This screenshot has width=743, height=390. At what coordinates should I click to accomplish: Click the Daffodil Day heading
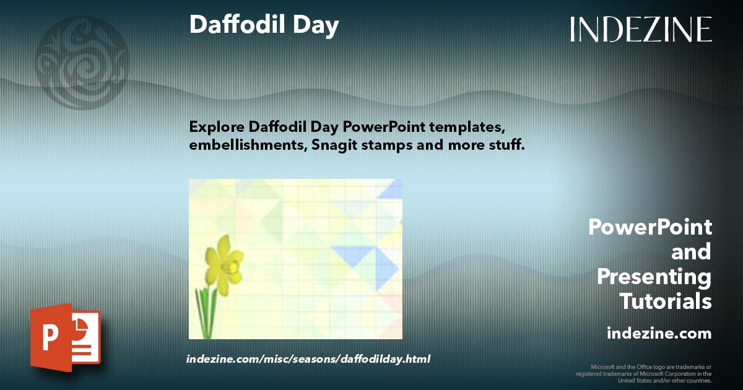click(x=264, y=25)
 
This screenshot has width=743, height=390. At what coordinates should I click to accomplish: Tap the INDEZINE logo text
click(x=641, y=29)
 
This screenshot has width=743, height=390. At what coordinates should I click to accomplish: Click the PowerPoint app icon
click(x=65, y=337)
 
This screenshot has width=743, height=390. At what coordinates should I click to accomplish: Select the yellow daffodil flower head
click(x=224, y=264)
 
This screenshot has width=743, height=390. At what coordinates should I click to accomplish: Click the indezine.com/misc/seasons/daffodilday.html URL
click(x=308, y=359)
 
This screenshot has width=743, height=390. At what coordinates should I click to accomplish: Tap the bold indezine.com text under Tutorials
click(x=659, y=334)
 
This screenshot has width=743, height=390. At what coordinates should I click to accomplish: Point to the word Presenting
click(x=654, y=277)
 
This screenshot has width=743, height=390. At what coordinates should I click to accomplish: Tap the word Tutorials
click(x=666, y=301)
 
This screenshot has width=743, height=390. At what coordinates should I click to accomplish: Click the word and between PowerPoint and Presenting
click(x=691, y=252)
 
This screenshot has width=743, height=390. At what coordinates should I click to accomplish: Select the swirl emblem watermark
click(x=82, y=62)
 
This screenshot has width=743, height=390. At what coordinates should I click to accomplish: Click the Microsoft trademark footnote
click(x=644, y=373)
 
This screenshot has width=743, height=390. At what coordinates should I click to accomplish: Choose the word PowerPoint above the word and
click(x=650, y=227)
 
